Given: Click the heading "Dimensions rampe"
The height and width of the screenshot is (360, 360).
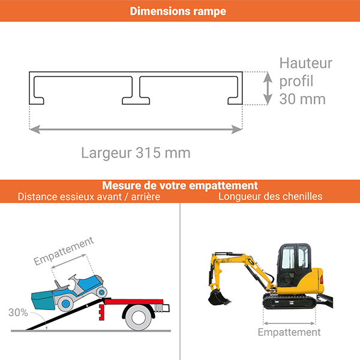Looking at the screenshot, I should click(178, 11).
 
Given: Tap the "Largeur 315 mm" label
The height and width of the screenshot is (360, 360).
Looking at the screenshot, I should click(136, 153).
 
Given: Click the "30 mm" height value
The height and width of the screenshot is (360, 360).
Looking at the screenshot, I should click(302, 99).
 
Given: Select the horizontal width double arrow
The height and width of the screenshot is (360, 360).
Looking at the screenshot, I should click(136, 128).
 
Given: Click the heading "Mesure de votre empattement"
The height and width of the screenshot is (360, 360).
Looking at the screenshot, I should click(180, 185).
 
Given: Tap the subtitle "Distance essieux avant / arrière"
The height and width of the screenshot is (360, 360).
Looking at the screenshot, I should click(89, 196).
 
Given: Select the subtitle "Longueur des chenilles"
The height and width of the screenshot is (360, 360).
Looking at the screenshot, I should click(270, 196).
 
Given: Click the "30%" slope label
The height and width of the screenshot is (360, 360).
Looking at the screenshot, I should click(18, 312).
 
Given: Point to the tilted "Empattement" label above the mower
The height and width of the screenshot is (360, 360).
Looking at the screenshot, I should click(64, 251).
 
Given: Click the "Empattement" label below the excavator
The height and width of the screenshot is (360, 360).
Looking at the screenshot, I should click(289, 332).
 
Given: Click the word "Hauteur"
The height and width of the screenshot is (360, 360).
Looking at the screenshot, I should click(306, 64).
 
